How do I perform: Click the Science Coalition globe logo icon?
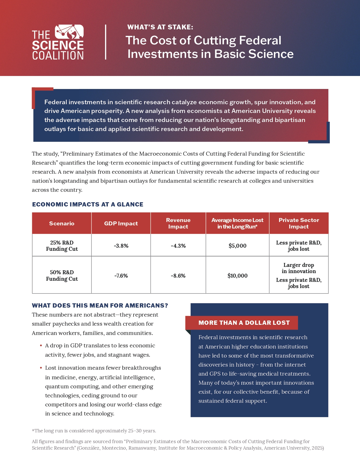click(69, 32)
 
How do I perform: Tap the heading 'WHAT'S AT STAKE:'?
click(160, 27)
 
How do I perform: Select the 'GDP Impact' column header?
click(121, 223)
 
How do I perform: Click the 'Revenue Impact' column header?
click(178, 223)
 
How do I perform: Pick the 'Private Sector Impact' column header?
click(299, 223)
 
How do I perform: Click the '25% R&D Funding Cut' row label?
click(62, 246)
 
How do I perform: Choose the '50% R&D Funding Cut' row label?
click(62, 276)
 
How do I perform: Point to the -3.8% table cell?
click(121, 246)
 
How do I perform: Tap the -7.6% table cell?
click(121, 276)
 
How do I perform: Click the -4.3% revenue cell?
click(178, 246)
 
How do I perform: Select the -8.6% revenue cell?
click(178, 276)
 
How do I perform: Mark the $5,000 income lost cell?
click(237, 246)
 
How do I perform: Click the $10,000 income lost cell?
click(237, 276)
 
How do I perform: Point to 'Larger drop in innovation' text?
click(299, 268)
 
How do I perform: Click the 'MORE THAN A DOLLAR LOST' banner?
click(244, 323)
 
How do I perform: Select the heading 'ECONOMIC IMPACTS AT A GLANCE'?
click(88, 204)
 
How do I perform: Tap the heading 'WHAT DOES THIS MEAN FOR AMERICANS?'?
click(100, 306)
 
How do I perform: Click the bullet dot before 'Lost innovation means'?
click(41, 368)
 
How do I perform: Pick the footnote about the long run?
click(94, 431)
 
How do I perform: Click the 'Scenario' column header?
click(62, 223)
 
